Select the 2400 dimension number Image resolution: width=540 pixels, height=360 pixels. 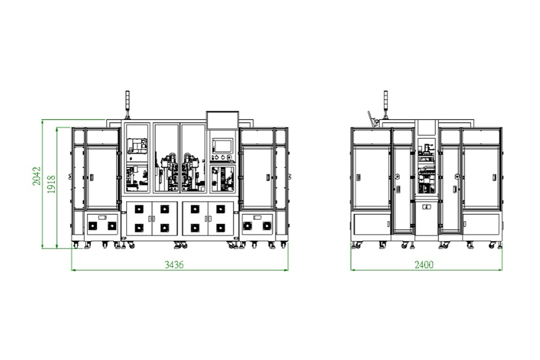(x=424, y=264)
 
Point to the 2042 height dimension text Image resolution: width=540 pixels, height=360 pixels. (x=35, y=177)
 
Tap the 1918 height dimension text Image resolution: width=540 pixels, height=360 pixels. (x=51, y=185)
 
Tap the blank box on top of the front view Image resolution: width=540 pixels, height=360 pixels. (x=222, y=120)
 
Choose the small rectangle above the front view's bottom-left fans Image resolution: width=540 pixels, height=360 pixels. (x=102, y=217)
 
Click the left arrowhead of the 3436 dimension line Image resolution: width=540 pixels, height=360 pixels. (x=73, y=269)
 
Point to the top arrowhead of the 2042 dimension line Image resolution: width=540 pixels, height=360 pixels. (x=43, y=121)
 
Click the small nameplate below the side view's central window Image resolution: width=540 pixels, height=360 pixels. (x=426, y=208)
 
